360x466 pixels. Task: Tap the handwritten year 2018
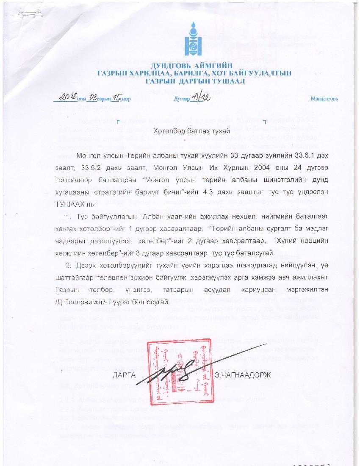pyautogui.click(x=66, y=97)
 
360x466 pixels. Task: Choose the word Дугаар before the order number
pyautogui.click(x=181, y=99)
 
